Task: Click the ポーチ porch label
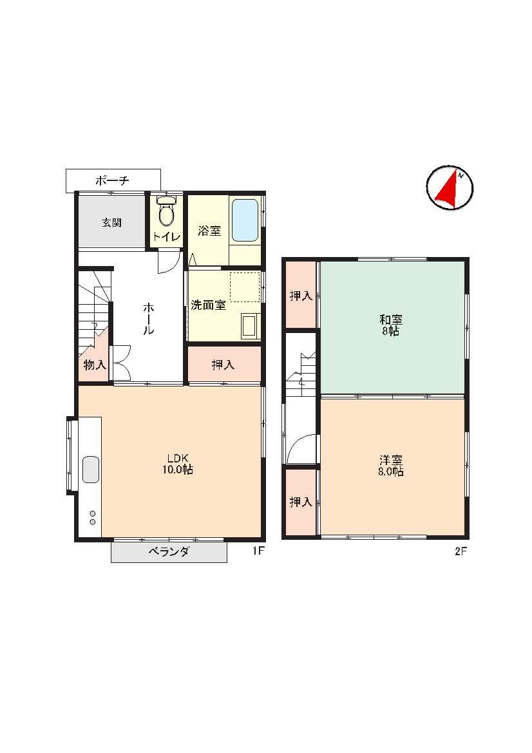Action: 112,180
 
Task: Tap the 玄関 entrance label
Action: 111,222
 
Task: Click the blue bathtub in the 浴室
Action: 245,220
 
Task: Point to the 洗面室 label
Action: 208,305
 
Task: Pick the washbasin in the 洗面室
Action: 250,325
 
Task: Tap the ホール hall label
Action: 147,318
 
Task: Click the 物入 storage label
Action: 95,365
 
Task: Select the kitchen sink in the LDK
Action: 91,470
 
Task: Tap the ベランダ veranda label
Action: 168,552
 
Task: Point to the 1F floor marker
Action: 258,551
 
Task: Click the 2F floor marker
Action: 461,551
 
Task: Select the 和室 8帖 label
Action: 391,325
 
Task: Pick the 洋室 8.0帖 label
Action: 391,465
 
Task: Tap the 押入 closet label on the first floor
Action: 223,365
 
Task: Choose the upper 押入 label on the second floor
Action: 301,296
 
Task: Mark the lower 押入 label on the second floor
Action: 301,502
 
